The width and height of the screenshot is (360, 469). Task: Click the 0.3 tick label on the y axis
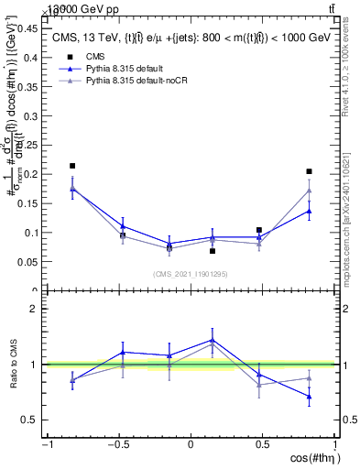pyautogui.click(x=30, y=115)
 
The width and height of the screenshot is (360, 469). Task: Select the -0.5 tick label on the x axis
pyautogui.click(x=118, y=444)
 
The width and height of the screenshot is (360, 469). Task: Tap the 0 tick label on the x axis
pyautogui.click(x=191, y=444)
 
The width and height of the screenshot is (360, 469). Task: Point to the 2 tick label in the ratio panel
pyautogui.click(x=35, y=309)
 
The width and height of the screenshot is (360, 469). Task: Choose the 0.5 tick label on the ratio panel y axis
pyautogui.click(x=30, y=420)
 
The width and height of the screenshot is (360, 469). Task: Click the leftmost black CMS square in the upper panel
pyautogui.click(x=72, y=166)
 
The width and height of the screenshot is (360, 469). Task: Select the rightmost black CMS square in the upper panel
pyautogui.click(x=310, y=171)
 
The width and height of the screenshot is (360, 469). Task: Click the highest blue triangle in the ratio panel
pyautogui.click(x=213, y=340)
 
